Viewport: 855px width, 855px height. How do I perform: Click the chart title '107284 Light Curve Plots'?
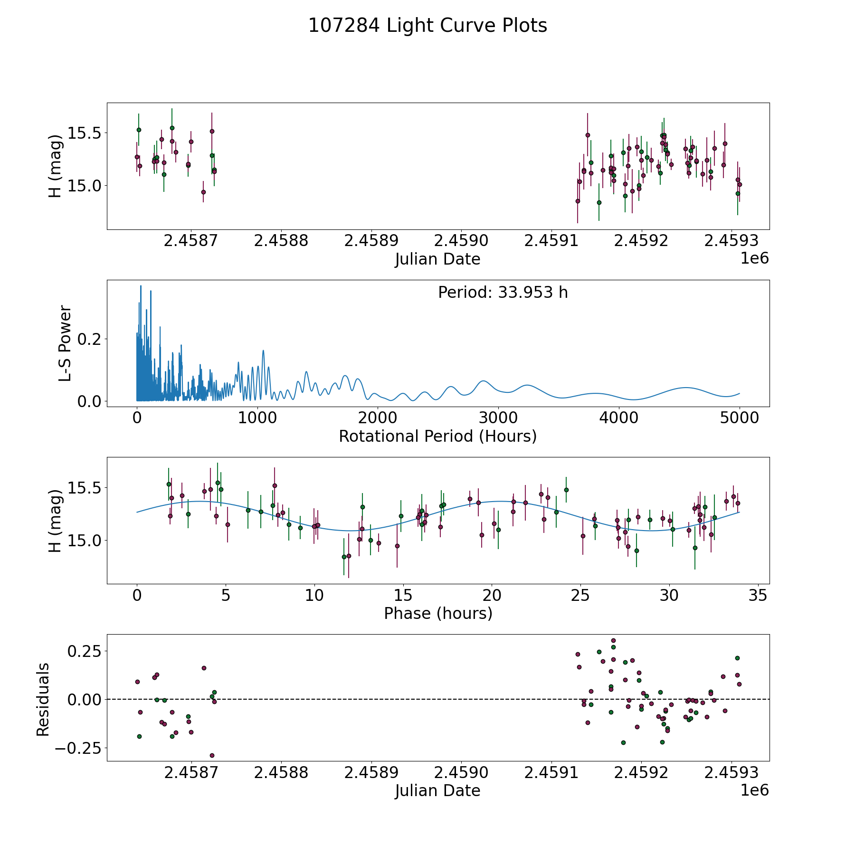pyautogui.click(x=427, y=26)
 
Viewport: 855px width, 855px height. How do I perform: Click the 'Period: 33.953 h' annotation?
pyautogui.click(x=503, y=293)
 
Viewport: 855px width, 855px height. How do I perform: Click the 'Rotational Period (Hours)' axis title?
pyautogui.click(x=437, y=436)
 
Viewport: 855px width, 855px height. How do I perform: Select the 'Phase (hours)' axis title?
pyautogui.click(x=437, y=613)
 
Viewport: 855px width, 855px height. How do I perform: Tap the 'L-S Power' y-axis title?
pyautogui.click(x=65, y=343)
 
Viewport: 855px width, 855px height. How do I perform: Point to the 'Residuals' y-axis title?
pyautogui.click(x=43, y=699)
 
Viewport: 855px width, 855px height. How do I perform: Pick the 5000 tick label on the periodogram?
pyautogui.click(x=739, y=418)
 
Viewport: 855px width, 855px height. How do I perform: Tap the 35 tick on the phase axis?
pyautogui.click(x=758, y=595)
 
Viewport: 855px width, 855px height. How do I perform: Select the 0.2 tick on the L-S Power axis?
pyautogui.click(x=90, y=339)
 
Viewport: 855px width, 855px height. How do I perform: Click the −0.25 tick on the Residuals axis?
pyautogui.click(x=78, y=748)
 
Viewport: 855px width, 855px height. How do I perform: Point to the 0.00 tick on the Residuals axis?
pyautogui.click(x=84, y=699)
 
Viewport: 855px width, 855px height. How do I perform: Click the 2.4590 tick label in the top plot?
pyautogui.click(x=461, y=241)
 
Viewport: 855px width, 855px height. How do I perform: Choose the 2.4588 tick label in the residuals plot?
pyautogui.click(x=281, y=772)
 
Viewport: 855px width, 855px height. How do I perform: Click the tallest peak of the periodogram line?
pyautogui.click(x=141, y=286)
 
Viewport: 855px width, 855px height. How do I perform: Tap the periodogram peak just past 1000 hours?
pyautogui.click(x=263, y=351)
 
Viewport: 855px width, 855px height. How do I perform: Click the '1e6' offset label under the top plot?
pyautogui.click(x=754, y=258)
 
